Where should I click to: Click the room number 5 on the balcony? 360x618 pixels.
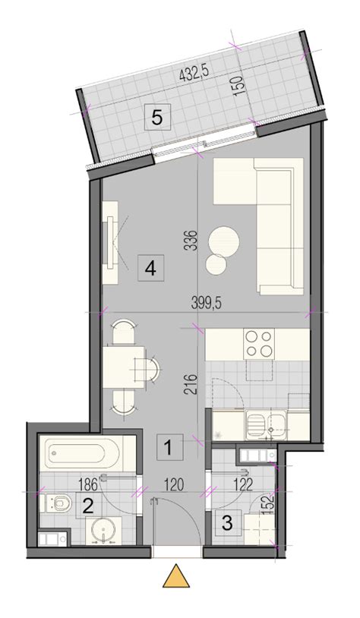(x=157, y=117)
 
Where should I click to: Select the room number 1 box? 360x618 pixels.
(x=170, y=447)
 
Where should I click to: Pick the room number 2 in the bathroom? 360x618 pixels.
(x=88, y=506)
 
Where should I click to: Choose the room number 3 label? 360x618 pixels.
(x=229, y=522)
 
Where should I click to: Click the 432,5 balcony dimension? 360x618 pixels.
(x=193, y=74)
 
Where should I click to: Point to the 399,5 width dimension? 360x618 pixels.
(x=207, y=303)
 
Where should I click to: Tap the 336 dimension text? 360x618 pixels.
(x=191, y=240)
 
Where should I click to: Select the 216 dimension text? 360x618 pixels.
(x=191, y=383)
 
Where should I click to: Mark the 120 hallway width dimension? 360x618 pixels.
(x=174, y=484)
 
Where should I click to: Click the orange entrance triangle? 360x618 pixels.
(x=177, y=577)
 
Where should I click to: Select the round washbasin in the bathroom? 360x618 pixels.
(x=103, y=530)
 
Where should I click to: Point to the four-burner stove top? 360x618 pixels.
(x=259, y=344)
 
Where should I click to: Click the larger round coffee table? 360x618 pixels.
(x=224, y=241)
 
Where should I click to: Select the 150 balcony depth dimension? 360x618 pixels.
(x=240, y=84)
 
